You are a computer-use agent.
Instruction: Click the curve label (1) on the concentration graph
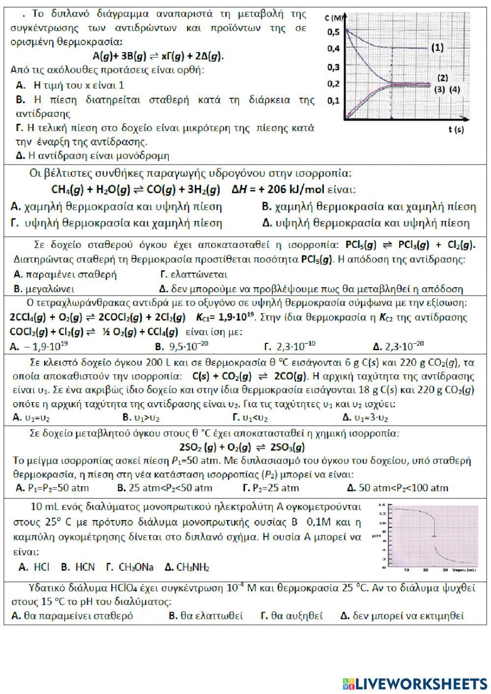[x=437, y=48]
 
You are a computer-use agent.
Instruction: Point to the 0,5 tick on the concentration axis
[x=333, y=32]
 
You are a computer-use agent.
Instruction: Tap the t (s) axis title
[x=456, y=130]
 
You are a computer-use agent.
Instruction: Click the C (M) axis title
[x=334, y=19]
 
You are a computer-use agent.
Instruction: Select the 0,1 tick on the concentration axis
[x=333, y=101]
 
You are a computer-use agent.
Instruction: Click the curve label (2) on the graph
[x=442, y=78]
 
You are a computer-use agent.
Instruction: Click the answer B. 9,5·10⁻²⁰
[x=182, y=346]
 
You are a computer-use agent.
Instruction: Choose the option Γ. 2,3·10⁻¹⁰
[x=289, y=346]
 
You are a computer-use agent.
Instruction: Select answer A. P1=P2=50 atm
[x=52, y=488]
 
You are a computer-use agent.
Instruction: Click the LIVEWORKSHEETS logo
[x=415, y=683]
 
